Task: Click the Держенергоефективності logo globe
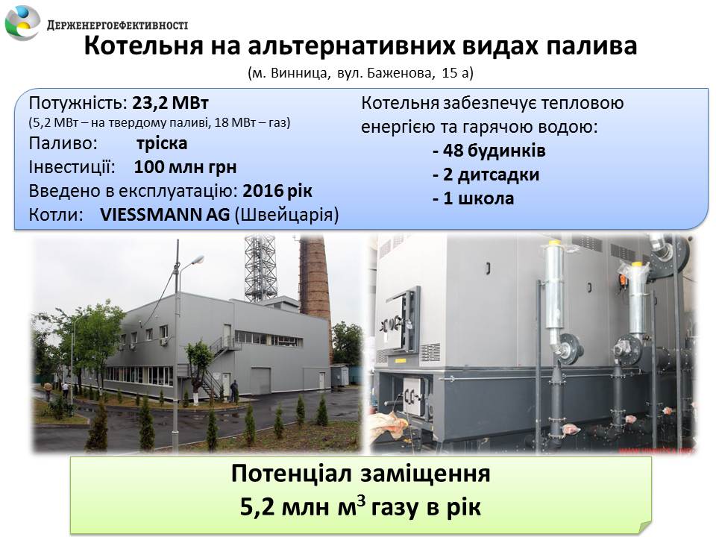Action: [22, 22]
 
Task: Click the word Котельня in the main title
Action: [144, 45]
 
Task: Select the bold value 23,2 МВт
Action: [170, 103]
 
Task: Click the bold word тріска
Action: [162, 143]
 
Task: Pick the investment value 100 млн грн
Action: [186, 167]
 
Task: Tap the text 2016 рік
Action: [277, 191]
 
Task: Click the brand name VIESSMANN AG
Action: [165, 215]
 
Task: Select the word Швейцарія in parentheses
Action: [286, 215]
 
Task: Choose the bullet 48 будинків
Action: [489, 151]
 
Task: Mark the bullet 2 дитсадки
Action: [486, 175]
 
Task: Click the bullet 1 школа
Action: [473, 198]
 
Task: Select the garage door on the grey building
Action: [260, 380]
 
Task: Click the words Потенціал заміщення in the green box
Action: [361, 474]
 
